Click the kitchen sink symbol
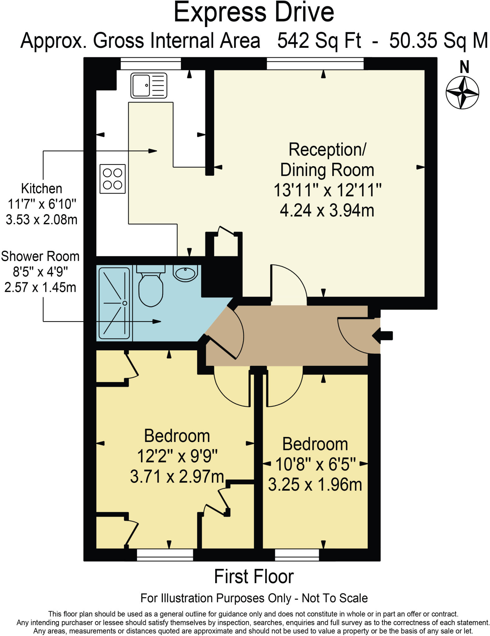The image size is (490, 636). click(x=148, y=85)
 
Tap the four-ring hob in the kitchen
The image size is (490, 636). click(x=112, y=179)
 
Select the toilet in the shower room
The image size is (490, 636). click(x=151, y=287)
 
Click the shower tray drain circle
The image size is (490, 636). click(x=125, y=303)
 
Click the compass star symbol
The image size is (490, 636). click(x=462, y=93)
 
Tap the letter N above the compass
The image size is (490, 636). click(x=464, y=67)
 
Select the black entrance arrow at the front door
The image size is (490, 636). click(x=383, y=336)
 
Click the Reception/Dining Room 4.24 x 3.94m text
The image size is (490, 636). click(x=327, y=211)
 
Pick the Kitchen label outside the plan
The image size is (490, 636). click(x=41, y=189)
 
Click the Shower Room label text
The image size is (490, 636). click(x=40, y=257)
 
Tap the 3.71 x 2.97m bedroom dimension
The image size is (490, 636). click(x=177, y=477)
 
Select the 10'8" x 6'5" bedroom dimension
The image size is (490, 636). click(x=315, y=465)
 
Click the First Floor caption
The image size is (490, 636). click(x=254, y=577)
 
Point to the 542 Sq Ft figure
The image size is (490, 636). click(x=319, y=41)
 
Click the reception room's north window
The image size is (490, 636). click(x=315, y=64)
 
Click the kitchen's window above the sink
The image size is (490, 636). click(x=151, y=64)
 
